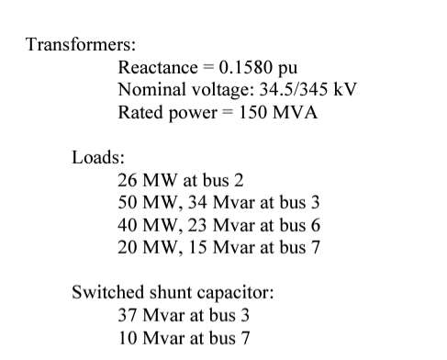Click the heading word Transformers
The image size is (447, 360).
click(82, 45)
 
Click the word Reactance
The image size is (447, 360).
click(157, 68)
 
